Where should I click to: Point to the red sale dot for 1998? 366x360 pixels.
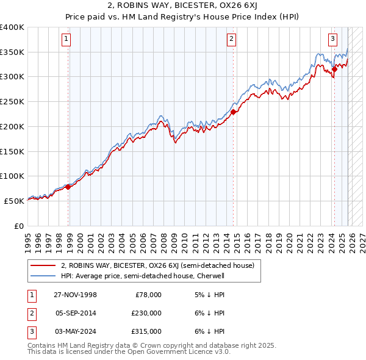point(68,187)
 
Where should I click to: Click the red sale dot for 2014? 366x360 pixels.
point(234,112)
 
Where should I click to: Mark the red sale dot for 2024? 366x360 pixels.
point(334,70)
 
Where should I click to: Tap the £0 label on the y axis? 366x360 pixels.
point(19,225)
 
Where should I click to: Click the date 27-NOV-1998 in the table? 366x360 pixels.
point(74,295)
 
